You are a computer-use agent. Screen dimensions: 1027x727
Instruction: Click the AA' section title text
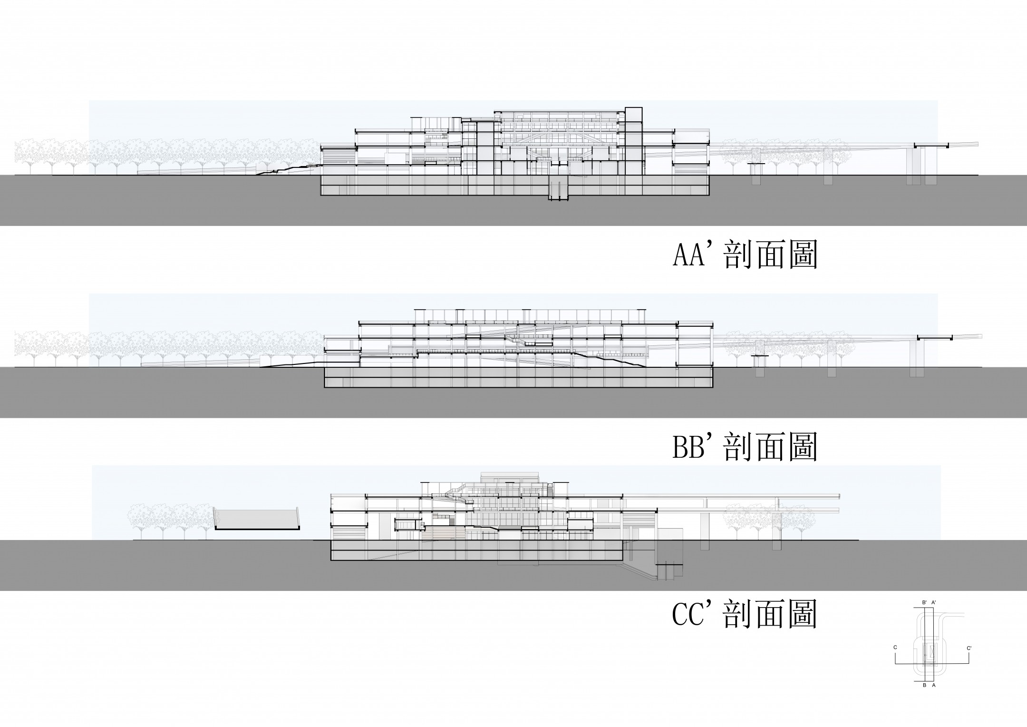745,256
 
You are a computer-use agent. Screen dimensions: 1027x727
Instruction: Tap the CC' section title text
745,614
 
